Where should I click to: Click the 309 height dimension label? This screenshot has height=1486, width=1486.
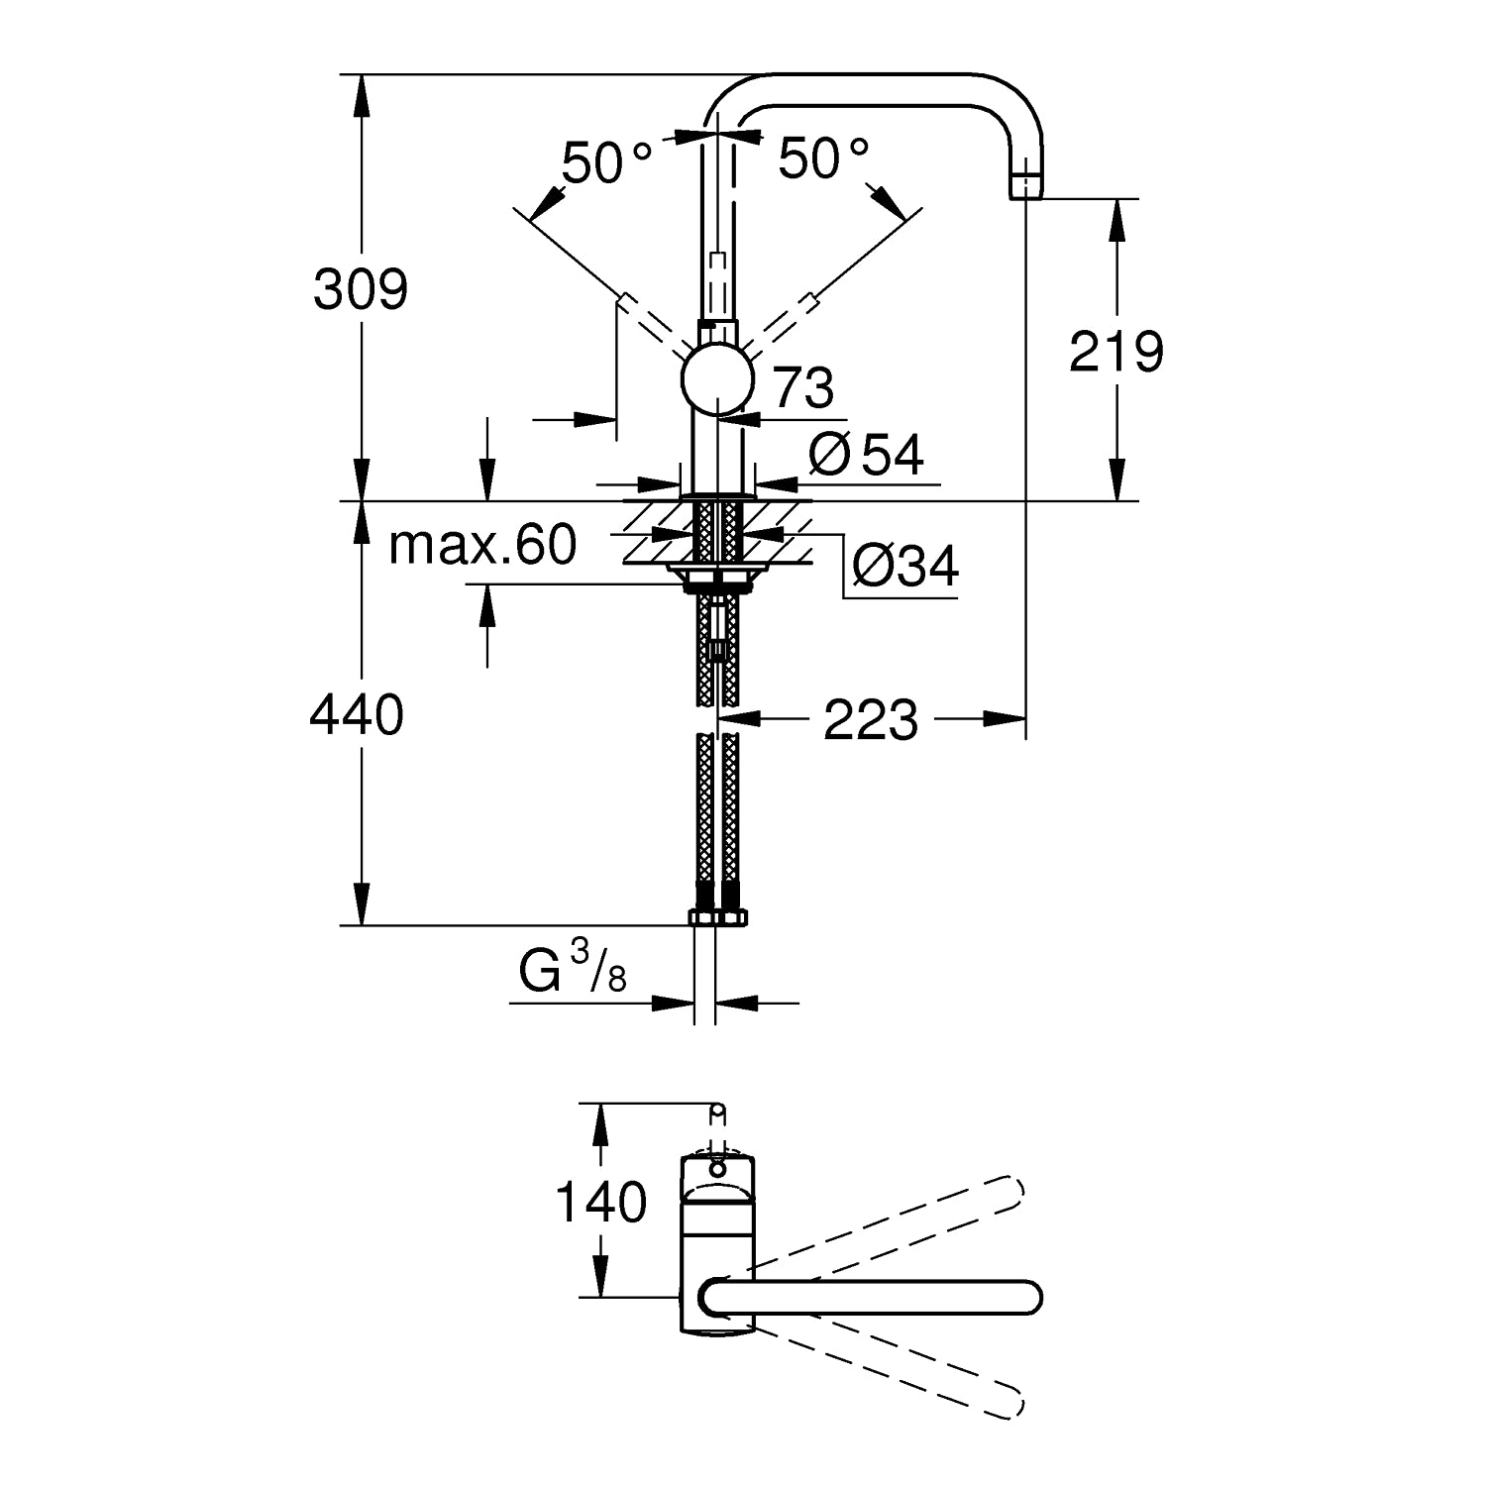coord(361,290)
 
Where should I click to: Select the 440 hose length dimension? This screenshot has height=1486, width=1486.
coord(357,714)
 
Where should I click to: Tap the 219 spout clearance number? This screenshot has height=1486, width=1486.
coord(1116,351)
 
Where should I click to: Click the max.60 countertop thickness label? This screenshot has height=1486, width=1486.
coord(482,545)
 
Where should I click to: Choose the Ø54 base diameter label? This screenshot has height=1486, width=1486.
coord(866,455)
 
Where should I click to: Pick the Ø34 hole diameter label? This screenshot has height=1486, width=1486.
coord(905,567)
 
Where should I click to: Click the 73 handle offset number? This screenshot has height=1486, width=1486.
coord(803,388)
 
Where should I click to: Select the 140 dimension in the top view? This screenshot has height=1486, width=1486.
coord(600,1203)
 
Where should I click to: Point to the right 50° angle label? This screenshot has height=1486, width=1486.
coord(823,158)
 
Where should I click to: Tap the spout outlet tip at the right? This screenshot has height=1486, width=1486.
coord(1026,185)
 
